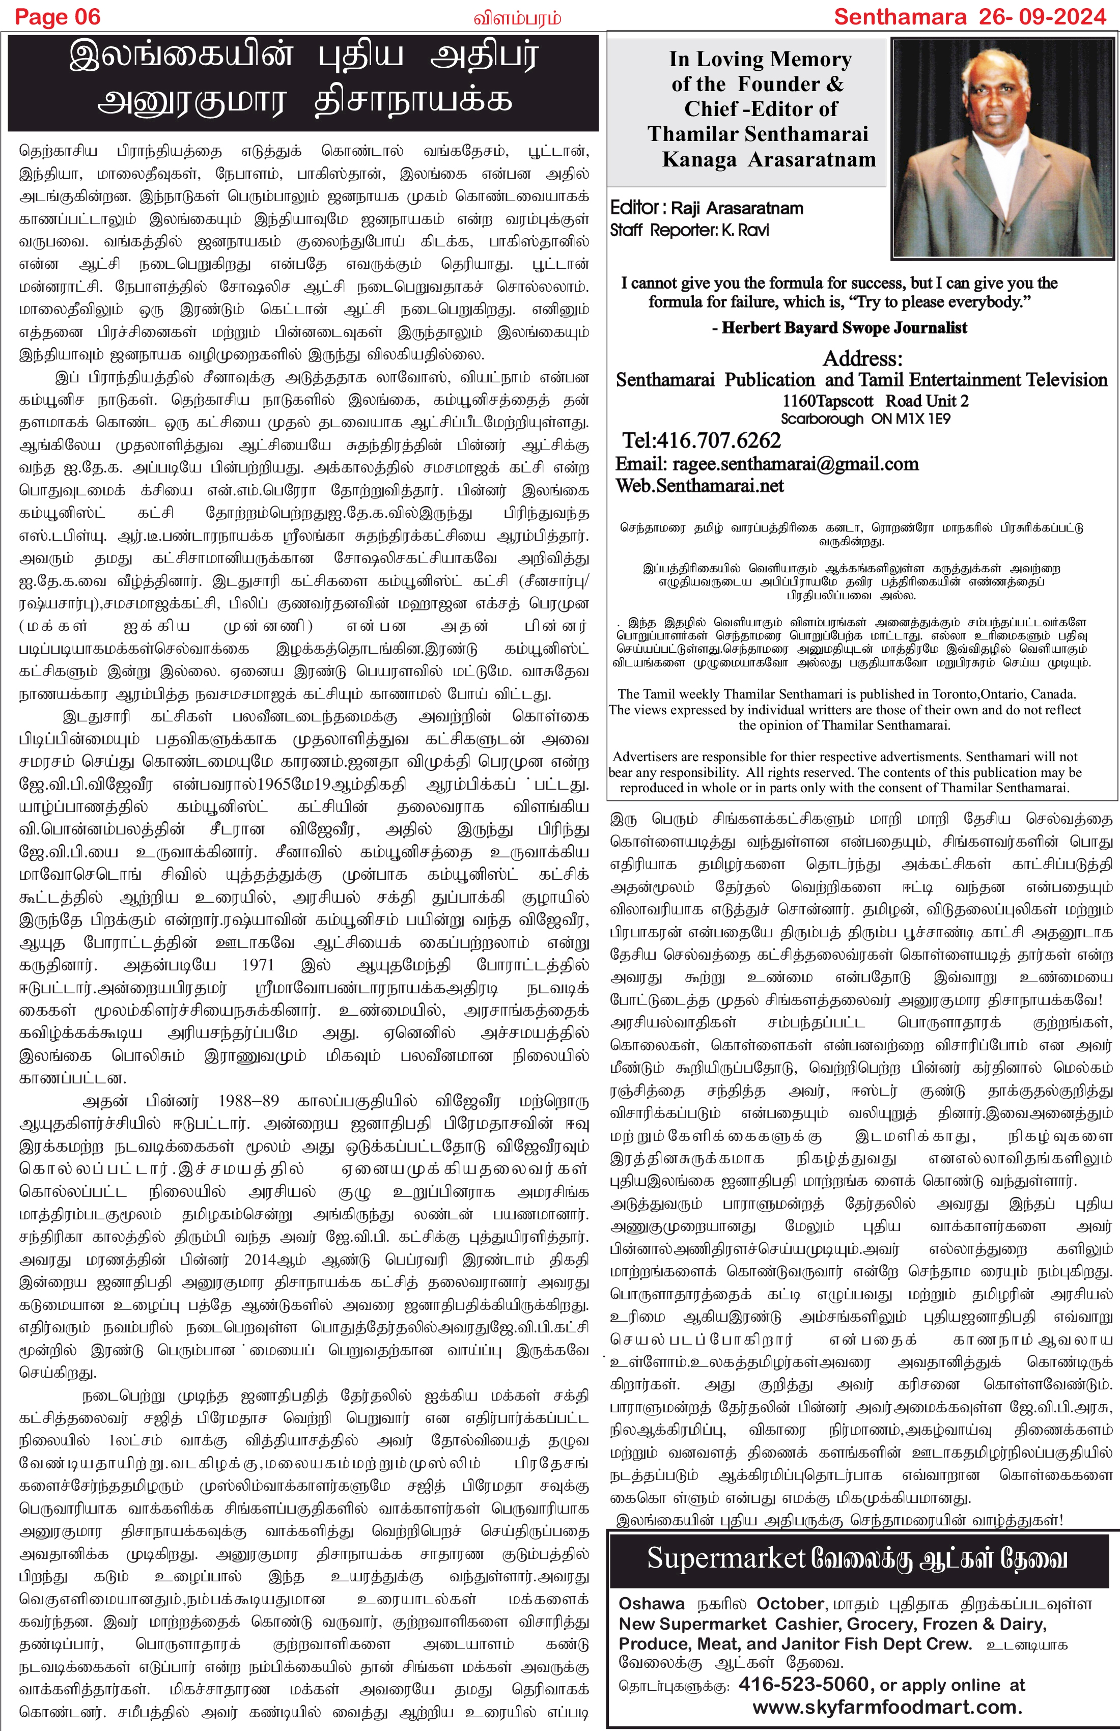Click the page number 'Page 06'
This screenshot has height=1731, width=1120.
58,17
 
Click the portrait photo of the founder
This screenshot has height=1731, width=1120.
1003,148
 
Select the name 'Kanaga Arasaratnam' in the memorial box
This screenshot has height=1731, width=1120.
769,160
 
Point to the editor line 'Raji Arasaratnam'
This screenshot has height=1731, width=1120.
737,209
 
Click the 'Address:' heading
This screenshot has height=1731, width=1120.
862,359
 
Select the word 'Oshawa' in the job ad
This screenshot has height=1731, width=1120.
652,1604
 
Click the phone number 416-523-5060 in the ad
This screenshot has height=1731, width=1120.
804,1685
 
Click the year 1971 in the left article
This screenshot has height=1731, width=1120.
258,965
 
